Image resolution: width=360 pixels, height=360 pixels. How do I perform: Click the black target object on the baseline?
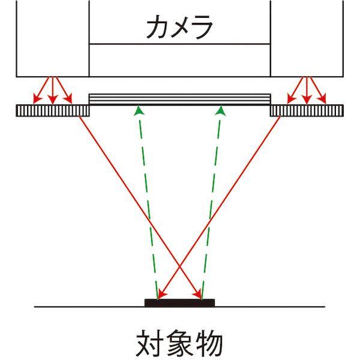(x=179, y=302)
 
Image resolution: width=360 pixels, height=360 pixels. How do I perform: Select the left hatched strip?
(x=53, y=110)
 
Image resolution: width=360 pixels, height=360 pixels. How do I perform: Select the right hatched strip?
(x=306, y=110)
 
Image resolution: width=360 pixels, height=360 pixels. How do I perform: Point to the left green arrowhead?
(x=139, y=110)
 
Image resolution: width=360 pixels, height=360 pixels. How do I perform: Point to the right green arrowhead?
(x=221, y=110)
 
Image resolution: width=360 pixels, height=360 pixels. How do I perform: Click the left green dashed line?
(x=148, y=204)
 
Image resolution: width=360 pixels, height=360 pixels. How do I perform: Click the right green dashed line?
(x=212, y=204)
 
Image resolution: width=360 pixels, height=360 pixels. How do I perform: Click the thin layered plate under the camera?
(x=179, y=99)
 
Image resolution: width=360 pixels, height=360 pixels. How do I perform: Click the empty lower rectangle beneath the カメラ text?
(x=179, y=59)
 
